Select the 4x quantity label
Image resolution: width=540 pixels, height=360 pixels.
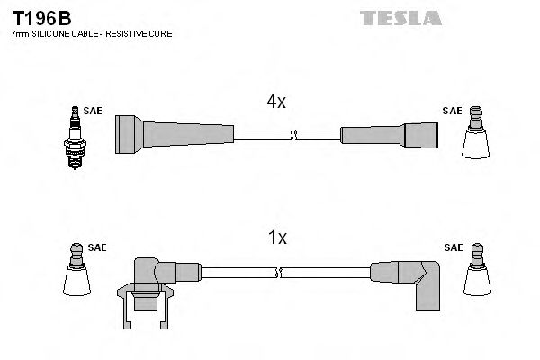click(x=276, y=103)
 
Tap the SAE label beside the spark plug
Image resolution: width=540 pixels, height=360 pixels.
click(x=93, y=112)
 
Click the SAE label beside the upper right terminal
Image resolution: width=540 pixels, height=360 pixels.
click(x=452, y=112)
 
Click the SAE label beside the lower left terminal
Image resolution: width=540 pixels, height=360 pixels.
click(x=95, y=246)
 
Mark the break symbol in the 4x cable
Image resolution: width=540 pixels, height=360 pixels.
click(x=293, y=136)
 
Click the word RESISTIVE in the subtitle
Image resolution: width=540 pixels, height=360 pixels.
click(x=127, y=33)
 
